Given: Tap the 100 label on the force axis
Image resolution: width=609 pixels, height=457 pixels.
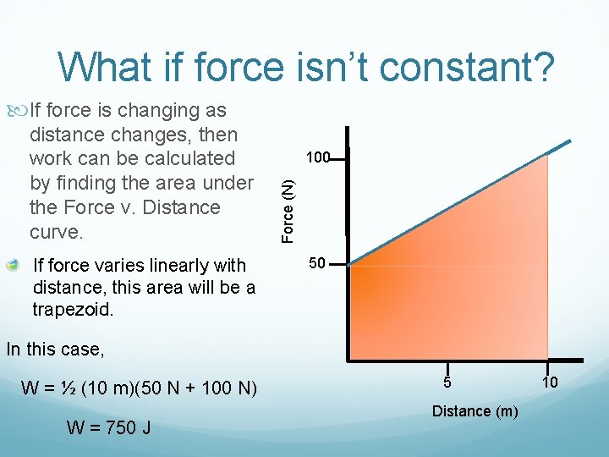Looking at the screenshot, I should click(318, 157).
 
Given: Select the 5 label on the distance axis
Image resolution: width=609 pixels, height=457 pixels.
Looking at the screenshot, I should click(449, 383).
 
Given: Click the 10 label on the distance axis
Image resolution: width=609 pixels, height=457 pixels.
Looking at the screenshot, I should click(550, 383).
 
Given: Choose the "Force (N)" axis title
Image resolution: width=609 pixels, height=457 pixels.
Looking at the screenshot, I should click(288, 205).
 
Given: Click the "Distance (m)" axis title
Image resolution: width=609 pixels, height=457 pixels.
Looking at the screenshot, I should click(475, 411).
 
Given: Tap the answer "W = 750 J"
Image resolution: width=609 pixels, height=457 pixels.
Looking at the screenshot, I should click(109, 427).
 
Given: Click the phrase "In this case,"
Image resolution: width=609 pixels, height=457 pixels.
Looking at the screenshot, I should click(54, 349).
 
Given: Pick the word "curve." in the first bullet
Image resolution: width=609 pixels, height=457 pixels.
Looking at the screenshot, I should click(56, 232).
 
